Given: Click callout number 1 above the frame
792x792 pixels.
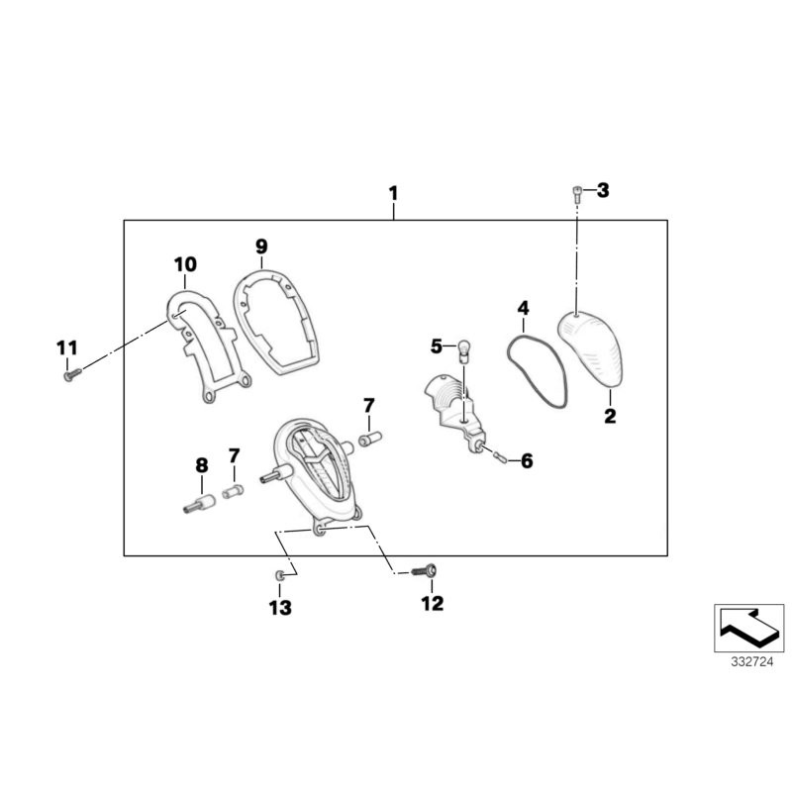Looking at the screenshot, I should coord(393,190).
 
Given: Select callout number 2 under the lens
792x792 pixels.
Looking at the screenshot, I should coord(611,417).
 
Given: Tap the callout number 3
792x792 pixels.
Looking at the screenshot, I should coord(603,190).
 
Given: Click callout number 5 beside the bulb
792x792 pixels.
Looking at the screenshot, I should coord(437,346).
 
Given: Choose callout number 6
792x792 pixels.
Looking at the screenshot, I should coord(526,460).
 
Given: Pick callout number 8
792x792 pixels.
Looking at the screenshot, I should coord(201,464).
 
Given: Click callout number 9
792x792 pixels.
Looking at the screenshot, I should coord(261,246).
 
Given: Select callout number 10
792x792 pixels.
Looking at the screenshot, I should coord(185,264).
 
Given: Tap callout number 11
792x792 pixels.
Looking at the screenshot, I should coord(65,347).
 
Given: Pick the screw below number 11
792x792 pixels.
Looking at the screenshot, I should coord(68,374).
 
